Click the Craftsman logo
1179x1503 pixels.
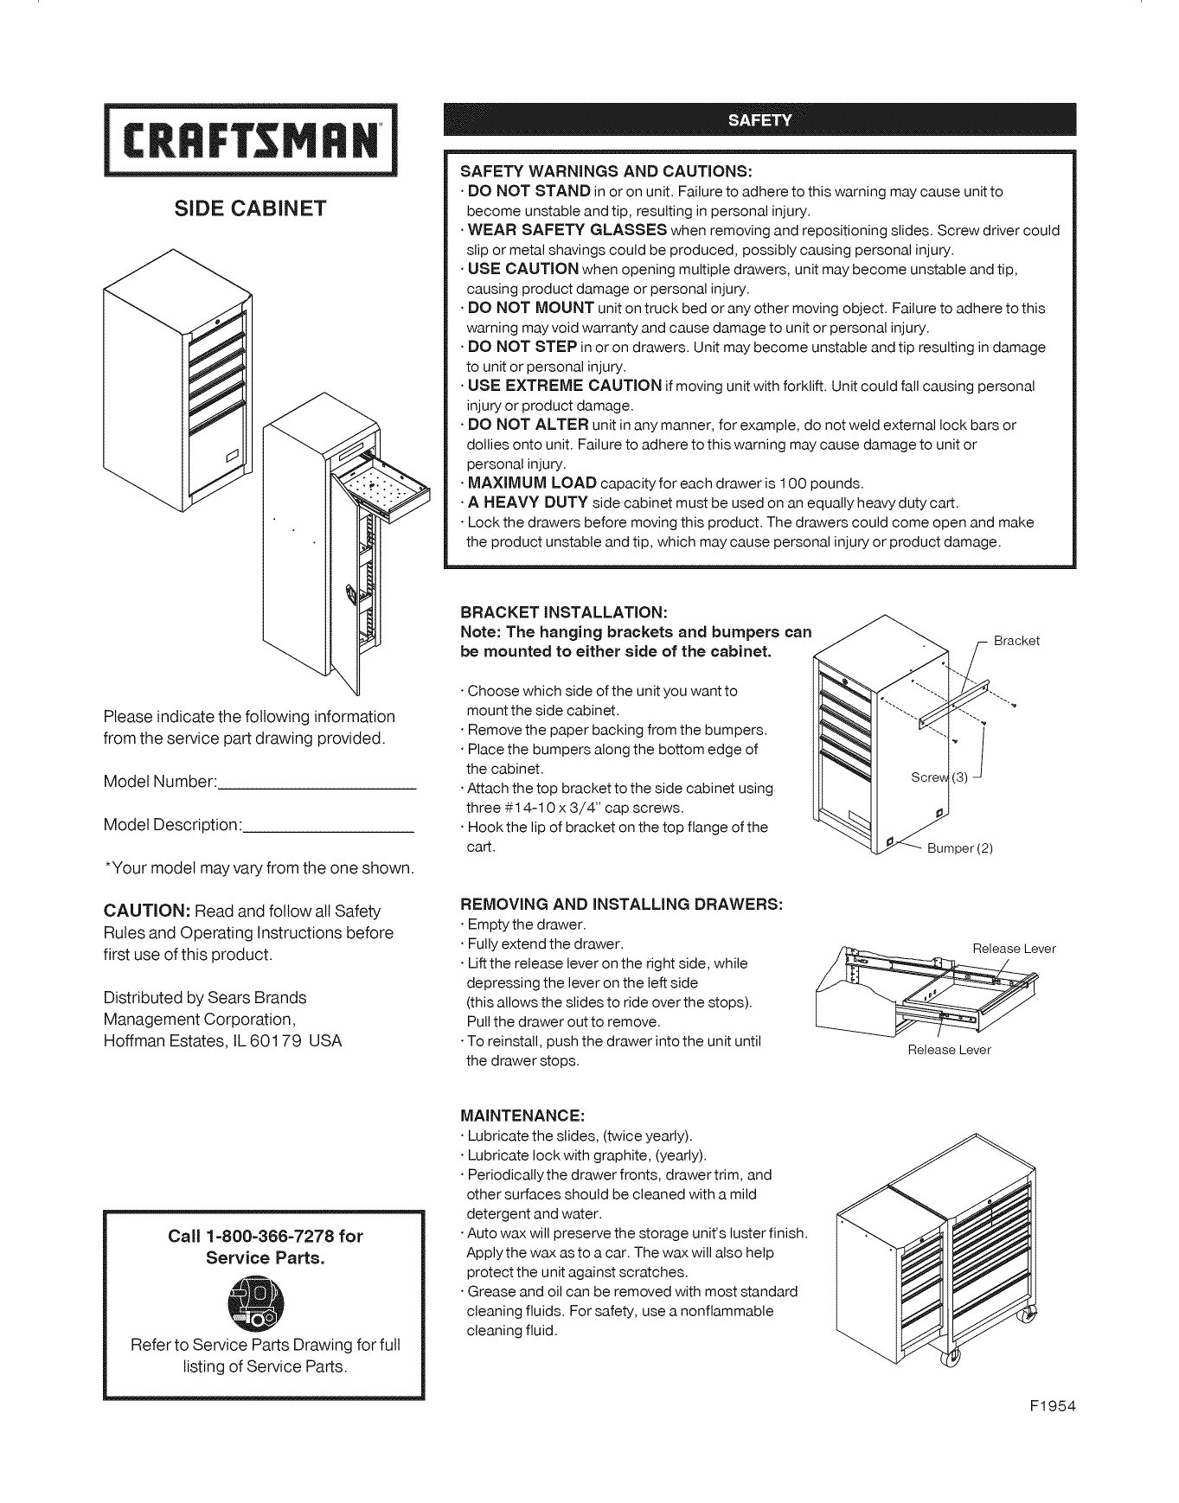coord(249,139)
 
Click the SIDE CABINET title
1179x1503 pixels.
coord(250,208)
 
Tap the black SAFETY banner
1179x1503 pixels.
coord(759,119)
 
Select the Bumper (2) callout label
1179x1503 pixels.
coord(959,848)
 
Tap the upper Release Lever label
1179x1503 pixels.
coord(1014,949)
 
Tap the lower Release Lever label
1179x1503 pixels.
coord(948,1050)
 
